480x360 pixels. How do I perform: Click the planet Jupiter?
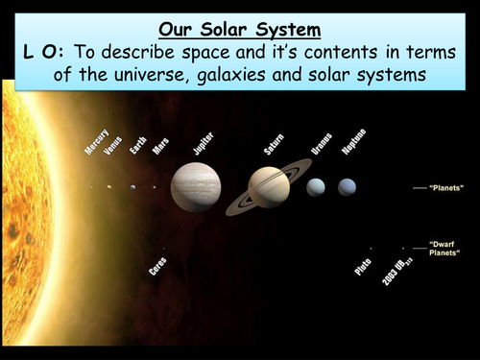click(x=195, y=186)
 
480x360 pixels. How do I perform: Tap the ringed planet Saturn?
click(x=269, y=187)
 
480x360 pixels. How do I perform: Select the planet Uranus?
click(x=315, y=187)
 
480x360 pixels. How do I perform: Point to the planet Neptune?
click(x=347, y=187)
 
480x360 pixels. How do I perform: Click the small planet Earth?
click(x=132, y=187)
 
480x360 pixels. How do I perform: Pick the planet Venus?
click(x=109, y=187)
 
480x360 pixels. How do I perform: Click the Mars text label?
click(x=160, y=146)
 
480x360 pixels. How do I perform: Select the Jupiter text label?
click(x=203, y=143)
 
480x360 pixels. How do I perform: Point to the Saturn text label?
click(x=274, y=143)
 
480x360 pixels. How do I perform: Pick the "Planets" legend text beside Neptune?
click(x=447, y=188)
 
